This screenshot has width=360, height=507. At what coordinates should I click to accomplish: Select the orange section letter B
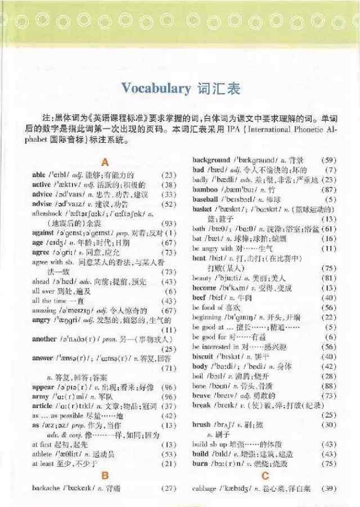pyautogui.click(x=104, y=476)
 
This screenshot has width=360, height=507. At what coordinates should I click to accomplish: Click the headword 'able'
pyautogui.click(x=39, y=175)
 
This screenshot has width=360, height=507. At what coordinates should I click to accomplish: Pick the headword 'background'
pyautogui.click(x=211, y=160)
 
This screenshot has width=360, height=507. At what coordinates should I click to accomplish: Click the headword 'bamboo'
pyautogui.click(x=204, y=188)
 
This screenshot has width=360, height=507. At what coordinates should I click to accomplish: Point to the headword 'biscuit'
pyautogui.click(x=203, y=356)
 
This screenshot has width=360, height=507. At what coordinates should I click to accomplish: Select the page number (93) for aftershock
pyautogui.click(x=168, y=223)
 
